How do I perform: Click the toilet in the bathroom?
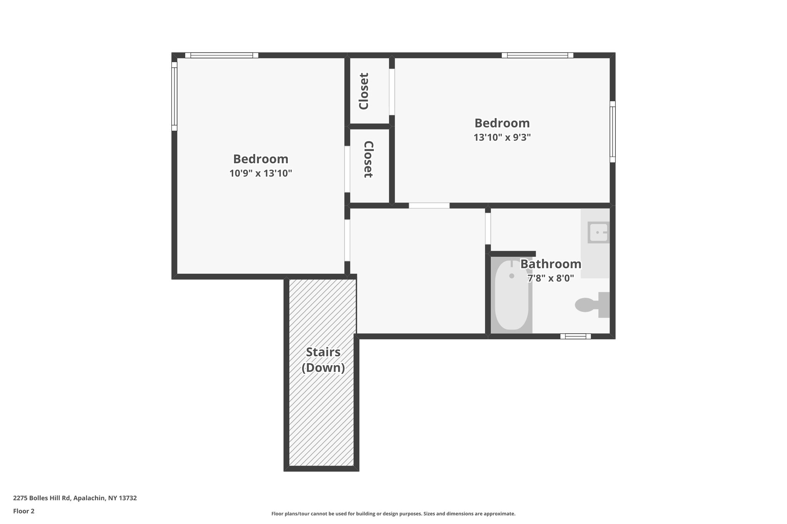[x=592, y=305]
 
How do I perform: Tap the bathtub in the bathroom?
[x=511, y=295]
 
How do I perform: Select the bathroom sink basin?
[x=598, y=232]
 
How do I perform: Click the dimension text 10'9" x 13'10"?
[x=261, y=174]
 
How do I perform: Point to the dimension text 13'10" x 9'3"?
[x=502, y=137]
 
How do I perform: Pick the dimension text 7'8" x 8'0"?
[x=551, y=278]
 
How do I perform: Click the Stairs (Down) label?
[x=323, y=360]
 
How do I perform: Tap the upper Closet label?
[x=364, y=91]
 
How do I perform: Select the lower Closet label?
[x=369, y=159]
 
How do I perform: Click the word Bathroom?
[x=551, y=264]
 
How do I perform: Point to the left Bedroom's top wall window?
[x=222, y=55]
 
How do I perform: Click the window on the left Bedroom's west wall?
[x=174, y=96]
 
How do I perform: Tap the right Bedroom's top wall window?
[x=538, y=55]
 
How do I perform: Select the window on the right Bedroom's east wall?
[x=613, y=132]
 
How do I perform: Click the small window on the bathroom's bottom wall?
[x=575, y=336]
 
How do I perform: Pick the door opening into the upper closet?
[x=392, y=92]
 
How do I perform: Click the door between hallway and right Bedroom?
[x=429, y=205]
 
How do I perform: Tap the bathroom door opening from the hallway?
[x=488, y=228]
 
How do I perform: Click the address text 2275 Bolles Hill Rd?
[x=42, y=498]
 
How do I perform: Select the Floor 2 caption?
[x=24, y=511]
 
